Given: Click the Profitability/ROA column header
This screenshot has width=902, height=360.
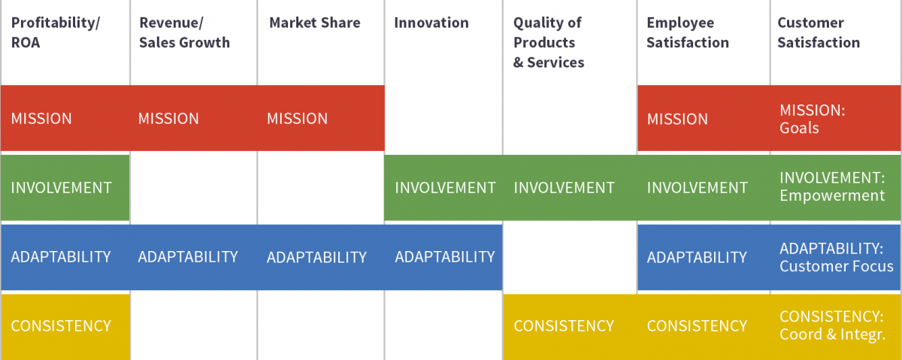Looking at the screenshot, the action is click(56, 32).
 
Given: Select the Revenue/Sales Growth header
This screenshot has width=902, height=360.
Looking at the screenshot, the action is click(184, 32).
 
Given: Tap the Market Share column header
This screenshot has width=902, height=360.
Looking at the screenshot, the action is click(314, 23).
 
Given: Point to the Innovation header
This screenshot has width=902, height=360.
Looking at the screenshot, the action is click(431, 23).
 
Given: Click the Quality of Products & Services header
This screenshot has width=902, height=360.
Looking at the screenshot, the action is click(549, 42).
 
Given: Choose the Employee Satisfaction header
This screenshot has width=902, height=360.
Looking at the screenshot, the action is click(688, 32).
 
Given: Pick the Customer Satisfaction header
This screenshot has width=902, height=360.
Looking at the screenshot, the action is click(819, 32).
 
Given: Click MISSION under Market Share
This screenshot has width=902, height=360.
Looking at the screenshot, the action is click(297, 119).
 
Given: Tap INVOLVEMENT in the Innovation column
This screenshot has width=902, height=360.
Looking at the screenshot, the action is click(445, 188).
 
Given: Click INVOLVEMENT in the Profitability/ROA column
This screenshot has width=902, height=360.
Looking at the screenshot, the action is click(61, 188).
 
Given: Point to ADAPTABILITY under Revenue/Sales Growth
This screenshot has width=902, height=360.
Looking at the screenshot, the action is click(188, 257).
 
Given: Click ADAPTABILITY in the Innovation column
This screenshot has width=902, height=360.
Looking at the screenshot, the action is click(445, 257).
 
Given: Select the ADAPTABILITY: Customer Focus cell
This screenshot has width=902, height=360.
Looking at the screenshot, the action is click(837, 257).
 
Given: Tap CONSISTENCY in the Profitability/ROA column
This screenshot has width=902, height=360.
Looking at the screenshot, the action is click(61, 325).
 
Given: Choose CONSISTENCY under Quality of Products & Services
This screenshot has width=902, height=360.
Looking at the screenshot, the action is click(564, 325).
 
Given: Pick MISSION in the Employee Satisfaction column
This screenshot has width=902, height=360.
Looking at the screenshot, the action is click(677, 119).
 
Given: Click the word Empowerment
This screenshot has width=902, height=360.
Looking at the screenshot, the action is click(832, 195).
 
